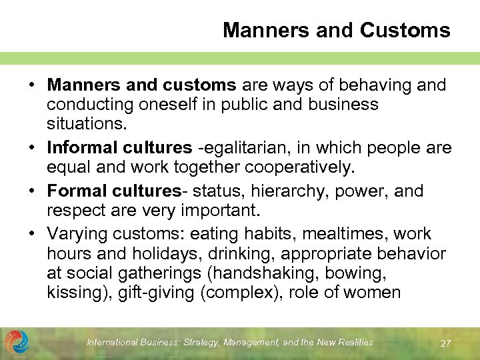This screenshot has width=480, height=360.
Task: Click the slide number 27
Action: (446, 343)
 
